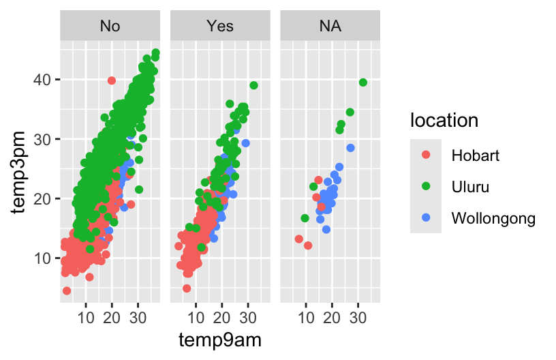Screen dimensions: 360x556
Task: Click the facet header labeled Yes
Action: [220, 27]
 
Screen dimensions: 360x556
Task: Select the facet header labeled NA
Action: [330, 27]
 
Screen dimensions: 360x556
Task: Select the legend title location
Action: [444, 121]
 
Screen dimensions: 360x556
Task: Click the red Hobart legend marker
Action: [426, 155]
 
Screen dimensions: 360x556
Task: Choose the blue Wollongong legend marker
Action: [426, 218]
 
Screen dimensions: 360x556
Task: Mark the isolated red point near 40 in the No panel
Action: [112, 80]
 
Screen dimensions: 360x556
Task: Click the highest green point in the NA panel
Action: [363, 82]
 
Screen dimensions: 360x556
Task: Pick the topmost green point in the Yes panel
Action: [253, 85]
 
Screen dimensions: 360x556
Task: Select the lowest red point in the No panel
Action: [67, 290]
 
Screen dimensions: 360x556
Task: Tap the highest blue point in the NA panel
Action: [350, 148]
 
